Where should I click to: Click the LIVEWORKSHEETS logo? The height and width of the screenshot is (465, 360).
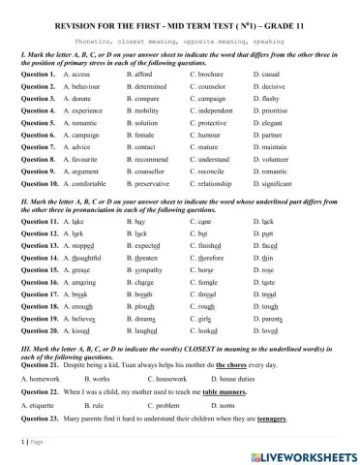click(x=308, y=454)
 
